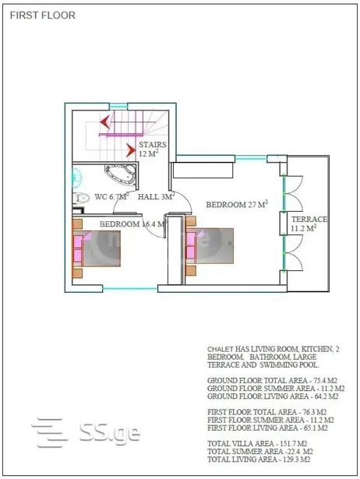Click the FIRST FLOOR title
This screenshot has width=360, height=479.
coord(43,16)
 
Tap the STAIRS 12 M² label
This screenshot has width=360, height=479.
coord(153,149)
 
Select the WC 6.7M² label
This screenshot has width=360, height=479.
coord(111,196)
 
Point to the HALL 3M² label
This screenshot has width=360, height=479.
coord(156,196)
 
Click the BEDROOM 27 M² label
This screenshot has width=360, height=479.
coord(237,204)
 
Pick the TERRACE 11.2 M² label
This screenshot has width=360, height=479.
coord(309,224)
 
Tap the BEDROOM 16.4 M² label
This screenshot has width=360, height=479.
coord(132,224)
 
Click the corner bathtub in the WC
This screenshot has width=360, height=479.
coord(121,174)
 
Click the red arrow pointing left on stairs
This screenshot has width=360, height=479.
coord(105,122)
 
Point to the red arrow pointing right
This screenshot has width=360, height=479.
coord(132,150)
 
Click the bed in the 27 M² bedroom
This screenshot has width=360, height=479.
coord(210,245)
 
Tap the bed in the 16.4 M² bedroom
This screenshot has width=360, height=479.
coord(97,248)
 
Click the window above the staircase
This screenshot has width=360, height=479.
coord(118,106)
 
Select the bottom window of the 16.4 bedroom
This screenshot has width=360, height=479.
coord(130,288)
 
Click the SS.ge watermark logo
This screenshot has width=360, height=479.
coord(86,432)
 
